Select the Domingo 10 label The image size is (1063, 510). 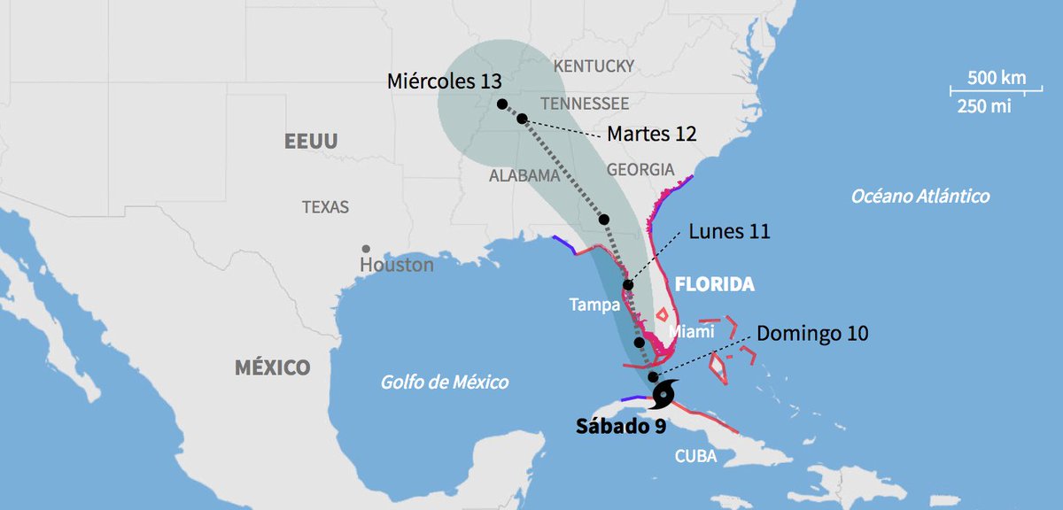pyautogui.click(x=812, y=334)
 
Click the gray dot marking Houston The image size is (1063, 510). pyautogui.click(x=365, y=249)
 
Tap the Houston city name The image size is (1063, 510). pyautogui.click(x=397, y=265)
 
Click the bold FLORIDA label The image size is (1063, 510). pyautogui.click(x=714, y=285)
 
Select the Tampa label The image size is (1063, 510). pyautogui.click(x=593, y=305)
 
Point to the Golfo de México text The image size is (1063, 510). pyautogui.click(x=445, y=382)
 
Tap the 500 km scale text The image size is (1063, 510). pyautogui.click(x=997, y=77)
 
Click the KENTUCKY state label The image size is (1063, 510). pyautogui.click(x=594, y=66)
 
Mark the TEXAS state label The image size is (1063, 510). pyautogui.click(x=325, y=207)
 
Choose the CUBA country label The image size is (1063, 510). pyautogui.click(x=695, y=458)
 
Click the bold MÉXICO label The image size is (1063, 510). pyautogui.click(x=272, y=367)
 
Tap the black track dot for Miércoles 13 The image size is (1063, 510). pyautogui.click(x=502, y=104)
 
